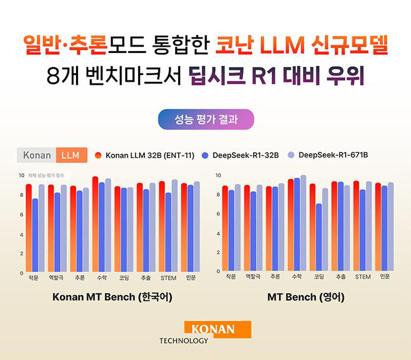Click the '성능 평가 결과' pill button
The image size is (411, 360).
(205, 119)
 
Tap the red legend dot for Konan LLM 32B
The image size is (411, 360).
(98, 155)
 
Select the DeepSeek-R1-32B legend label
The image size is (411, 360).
(246, 155)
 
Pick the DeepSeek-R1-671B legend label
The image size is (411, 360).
(333, 155)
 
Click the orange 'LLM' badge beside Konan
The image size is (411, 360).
(70, 155)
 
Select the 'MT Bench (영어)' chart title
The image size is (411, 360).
(306, 297)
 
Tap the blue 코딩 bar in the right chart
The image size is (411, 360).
(319, 237)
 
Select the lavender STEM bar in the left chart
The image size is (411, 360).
(174, 226)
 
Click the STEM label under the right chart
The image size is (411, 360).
(362, 277)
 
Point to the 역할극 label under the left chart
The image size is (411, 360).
(57, 278)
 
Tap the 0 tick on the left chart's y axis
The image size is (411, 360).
(21, 273)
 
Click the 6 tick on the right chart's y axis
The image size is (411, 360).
(218, 214)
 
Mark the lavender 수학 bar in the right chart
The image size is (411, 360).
(303, 223)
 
